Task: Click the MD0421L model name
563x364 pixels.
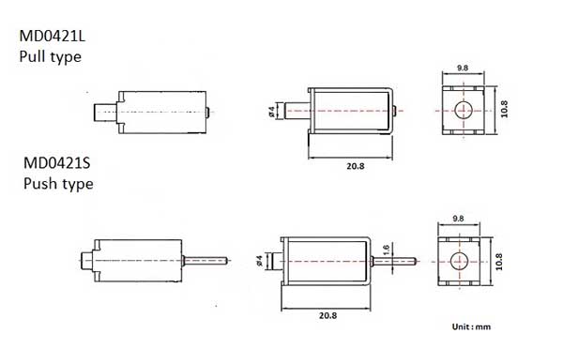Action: pyautogui.click(x=53, y=36)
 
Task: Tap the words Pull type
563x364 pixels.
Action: pyautogui.click(x=51, y=56)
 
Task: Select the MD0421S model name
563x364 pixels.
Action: pyautogui.click(x=56, y=163)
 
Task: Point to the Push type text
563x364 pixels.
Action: pyautogui.click(x=58, y=184)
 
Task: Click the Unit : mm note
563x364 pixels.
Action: pyautogui.click(x=471, y=326)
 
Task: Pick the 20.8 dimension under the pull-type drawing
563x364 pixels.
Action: pyautogui.click(x=356, y=166)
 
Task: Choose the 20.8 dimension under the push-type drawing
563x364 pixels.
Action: pyautogui.click(x=327, y=315)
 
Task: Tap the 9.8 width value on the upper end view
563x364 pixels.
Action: pyautogui.click(x=463, y=68)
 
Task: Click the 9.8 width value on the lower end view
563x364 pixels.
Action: pyautogui.click(x=458, y=219)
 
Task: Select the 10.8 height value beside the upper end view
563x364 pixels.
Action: pyautogui.click(x=504, y=109)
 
